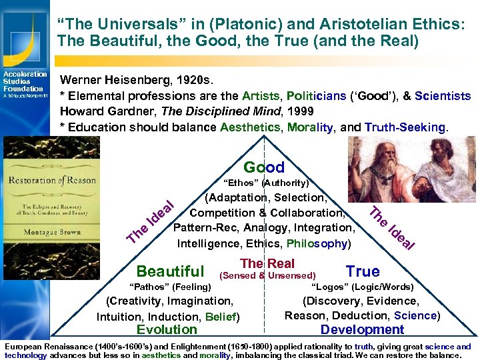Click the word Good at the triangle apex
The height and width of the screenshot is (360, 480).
pyautogui.click(x=264, y=167)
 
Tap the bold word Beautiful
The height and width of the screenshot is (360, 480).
pyautogui.click(x=170, y=271)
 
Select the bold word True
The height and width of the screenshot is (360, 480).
pyautogui.click(x=363, y=271)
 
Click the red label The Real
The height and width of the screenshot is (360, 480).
pyautogui.click(x=267, y=263)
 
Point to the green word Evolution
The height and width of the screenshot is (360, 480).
pyautogui.click(x=167, y=329)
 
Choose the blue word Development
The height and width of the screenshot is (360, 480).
pyautogui.click(x=362, y=329)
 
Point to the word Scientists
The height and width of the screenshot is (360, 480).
pyautogui.click(x=442, y=95)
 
